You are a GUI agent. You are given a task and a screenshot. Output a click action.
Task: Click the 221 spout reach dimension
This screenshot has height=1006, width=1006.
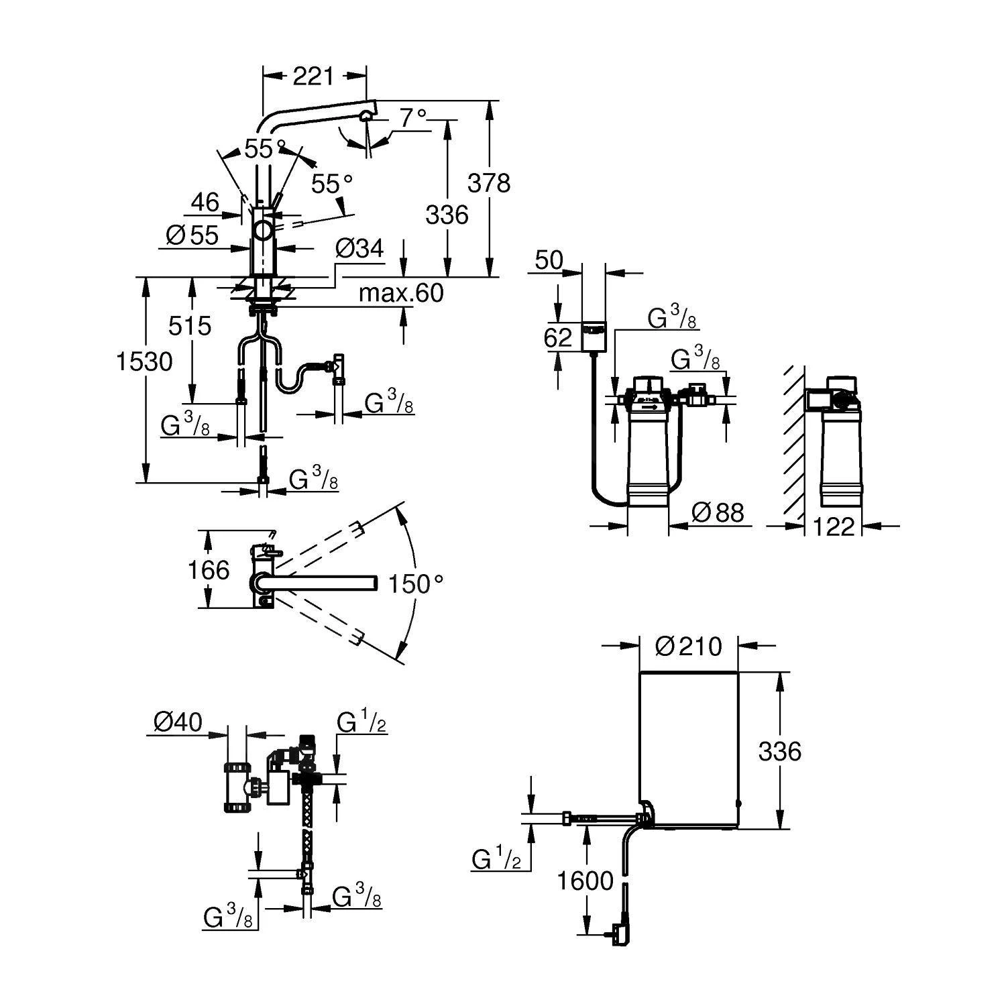313,76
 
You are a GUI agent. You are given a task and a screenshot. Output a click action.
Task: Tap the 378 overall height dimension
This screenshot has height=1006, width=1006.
489,182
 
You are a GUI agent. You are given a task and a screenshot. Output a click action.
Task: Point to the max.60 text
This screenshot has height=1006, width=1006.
401,293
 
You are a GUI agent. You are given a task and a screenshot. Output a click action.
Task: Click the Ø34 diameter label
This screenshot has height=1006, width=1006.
359,249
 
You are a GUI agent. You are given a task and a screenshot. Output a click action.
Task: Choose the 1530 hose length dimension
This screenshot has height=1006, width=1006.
144,361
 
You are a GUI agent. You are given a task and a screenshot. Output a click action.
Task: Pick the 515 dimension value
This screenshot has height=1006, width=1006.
190,326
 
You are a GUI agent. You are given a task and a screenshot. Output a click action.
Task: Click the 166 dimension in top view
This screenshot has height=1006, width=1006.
209,570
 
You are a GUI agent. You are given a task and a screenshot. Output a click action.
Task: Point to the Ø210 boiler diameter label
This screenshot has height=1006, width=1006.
689,647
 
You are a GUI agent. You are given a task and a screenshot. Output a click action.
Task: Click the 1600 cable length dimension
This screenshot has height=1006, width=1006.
585,881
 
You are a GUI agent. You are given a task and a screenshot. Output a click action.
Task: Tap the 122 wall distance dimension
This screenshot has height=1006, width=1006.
834,527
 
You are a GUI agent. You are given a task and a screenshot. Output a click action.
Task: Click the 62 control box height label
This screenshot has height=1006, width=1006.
557,337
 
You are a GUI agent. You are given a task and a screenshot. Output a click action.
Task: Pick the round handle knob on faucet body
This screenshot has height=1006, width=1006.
263,231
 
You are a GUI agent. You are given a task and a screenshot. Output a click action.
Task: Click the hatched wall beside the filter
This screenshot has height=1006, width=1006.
795,443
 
